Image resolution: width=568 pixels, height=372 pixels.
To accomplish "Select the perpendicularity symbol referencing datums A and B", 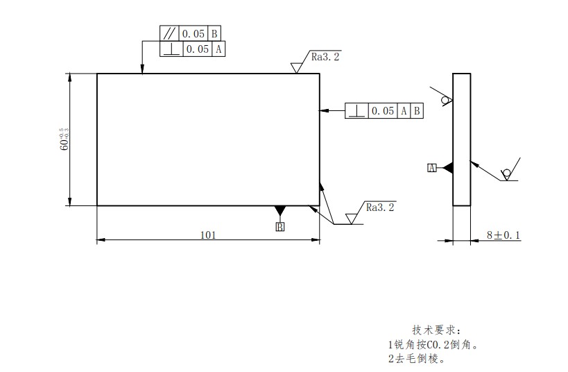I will [356, 110].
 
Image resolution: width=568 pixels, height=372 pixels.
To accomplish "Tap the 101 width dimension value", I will [208, 235].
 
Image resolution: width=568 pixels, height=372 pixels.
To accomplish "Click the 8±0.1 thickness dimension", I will [503, 235].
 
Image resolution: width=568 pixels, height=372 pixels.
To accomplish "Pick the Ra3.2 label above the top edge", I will [326, 57].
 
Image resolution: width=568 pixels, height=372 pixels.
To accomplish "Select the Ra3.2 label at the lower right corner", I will [380, 207].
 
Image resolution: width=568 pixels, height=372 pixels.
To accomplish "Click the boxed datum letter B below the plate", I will [280, 226].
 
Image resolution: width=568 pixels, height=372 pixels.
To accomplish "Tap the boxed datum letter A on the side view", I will [431, 168].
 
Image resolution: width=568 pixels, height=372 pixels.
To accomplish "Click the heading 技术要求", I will [436, 329].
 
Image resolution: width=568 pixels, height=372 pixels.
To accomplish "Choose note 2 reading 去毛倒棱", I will [415, 359].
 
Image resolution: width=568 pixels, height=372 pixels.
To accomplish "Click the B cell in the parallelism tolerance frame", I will [214, 33].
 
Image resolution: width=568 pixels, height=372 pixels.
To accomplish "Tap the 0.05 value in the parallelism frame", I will [194, 33].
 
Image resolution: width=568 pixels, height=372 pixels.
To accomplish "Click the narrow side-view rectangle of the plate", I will [461, 139].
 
